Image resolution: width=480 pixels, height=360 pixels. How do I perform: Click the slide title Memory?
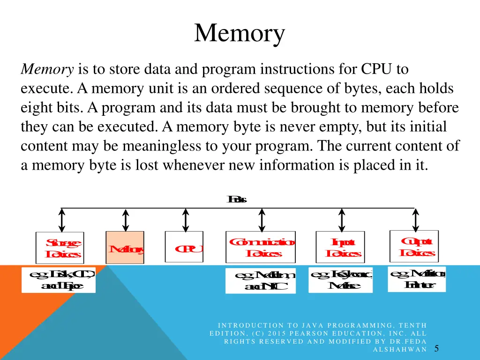(240, 34)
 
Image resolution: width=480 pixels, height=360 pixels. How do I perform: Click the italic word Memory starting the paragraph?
(47, 70)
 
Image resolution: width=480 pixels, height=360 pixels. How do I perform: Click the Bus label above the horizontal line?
(237, 200)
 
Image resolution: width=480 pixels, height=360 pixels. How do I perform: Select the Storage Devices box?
(60, 247)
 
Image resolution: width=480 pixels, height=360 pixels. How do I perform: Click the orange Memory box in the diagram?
(125, 247)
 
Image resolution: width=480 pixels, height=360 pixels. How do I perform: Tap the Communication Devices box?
(261, 247)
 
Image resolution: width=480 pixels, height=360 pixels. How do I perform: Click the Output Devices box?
(414, 246)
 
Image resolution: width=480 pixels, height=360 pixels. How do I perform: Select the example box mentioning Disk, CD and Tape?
(59, 279)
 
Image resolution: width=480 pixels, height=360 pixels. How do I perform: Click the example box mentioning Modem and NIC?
(261, 281)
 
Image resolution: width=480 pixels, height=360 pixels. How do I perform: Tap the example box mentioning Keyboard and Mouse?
(340, 280)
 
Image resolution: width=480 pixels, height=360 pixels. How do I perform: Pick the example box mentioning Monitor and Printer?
(417, 279)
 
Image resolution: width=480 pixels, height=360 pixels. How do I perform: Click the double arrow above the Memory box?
(126, 220)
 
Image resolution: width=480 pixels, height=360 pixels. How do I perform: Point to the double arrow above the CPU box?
(186, 220)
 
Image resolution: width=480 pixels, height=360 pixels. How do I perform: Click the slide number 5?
(436, 348)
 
